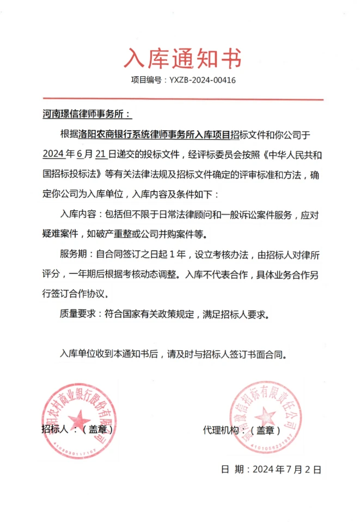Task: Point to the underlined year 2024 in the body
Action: coord(53,154)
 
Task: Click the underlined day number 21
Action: coord(100,154)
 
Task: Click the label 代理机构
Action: coord(221,430)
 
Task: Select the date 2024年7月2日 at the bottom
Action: coord(287,469)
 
